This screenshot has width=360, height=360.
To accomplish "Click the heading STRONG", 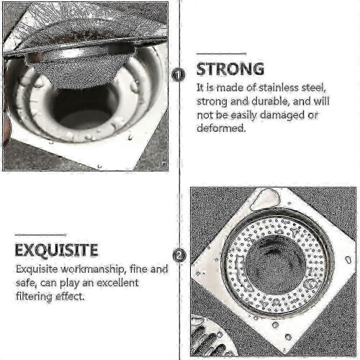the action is tap(230, 69).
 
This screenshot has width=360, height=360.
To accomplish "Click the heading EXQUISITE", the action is tap(56, 251).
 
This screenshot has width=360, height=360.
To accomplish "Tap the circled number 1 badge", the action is tap(179, 75).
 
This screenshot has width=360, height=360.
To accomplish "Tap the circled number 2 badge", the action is tap(179, 256).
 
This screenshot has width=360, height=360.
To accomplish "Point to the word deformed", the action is tap(222, 128).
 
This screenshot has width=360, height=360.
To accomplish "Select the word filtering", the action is tap(34, 297).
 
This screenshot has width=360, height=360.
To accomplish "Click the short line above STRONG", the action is tap(221, 54).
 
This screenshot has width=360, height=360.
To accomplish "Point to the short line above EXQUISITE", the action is tap(40, 235).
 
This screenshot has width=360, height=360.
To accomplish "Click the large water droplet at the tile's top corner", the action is tap(265, 199).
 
